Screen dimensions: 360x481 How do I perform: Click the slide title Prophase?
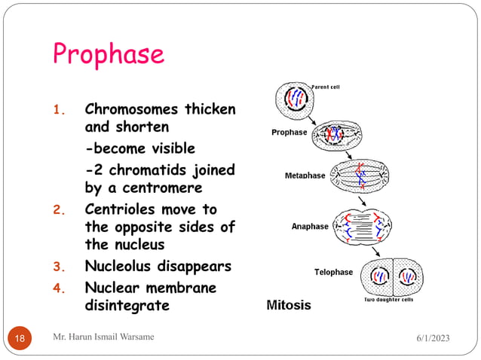tap(109, 54)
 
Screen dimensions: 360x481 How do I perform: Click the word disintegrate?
tap(127, 306)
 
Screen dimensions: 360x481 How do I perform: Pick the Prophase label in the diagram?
tap(290, 133)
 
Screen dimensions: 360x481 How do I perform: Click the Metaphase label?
tap(305, 175)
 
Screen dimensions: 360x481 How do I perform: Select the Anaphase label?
tap(310, 226)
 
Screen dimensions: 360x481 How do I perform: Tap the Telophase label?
tap(333, 272)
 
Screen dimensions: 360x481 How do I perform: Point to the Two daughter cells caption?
tap(388, 300)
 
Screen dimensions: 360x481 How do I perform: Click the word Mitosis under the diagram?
tap(289, 306)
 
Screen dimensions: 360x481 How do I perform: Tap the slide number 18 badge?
tap(20, 338)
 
